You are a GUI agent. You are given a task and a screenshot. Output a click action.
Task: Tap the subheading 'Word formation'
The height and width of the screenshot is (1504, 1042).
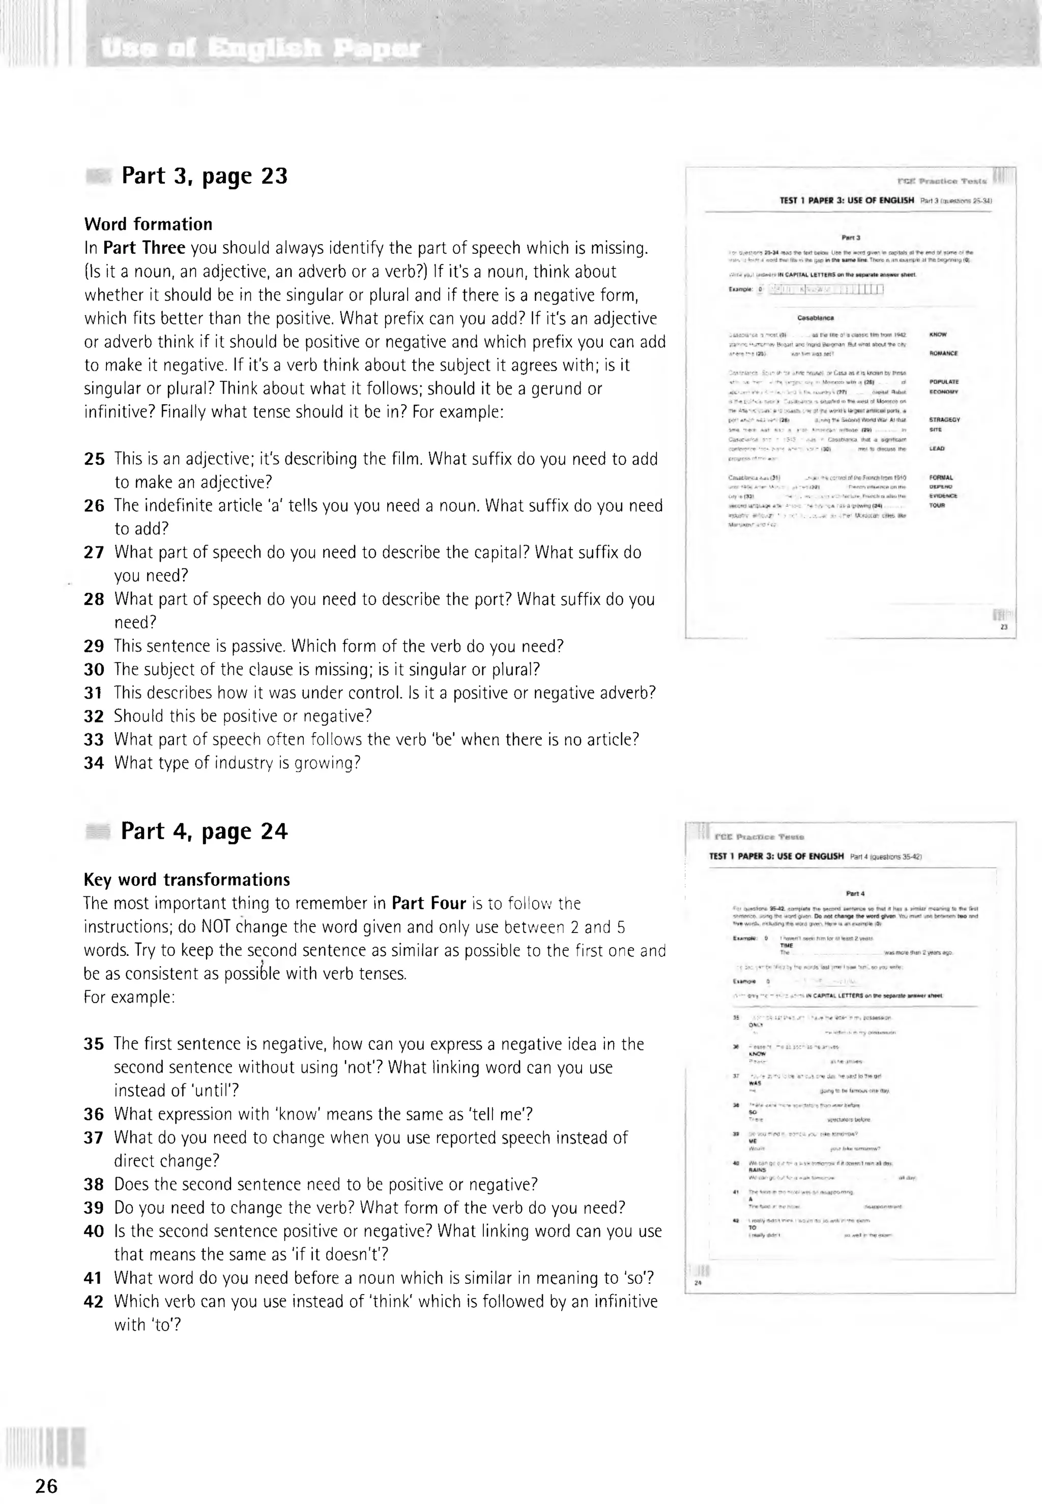click(148, 224)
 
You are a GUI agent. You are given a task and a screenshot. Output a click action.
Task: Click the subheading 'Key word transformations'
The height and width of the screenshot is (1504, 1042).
click(187, 880)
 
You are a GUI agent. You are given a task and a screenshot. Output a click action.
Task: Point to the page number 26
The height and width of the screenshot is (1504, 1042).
click(46, 1486)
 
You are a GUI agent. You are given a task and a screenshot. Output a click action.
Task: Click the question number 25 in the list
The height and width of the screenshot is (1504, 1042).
click(94, 459)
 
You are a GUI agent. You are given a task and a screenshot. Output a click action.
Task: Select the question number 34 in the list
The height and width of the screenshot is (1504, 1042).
click(94, 763)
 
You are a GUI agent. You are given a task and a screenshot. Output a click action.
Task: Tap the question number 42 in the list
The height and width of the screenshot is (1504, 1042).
click(94, 1302)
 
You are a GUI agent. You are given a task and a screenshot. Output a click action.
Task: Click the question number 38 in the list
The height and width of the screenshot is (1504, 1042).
click(94, 1184)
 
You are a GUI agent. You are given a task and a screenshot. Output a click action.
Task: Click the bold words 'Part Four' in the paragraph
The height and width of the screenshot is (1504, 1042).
click(428, 903)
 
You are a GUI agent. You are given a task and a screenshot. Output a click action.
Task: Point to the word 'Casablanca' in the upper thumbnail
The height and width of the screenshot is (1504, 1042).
click(816, 318)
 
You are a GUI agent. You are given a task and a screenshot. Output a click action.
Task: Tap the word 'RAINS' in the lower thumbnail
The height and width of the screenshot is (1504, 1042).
click(758, 1170)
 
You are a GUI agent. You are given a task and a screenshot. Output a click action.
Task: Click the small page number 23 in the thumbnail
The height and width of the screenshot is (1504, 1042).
click(1003, 627)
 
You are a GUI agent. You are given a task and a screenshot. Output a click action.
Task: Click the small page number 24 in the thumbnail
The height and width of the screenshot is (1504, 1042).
click(697, 1283)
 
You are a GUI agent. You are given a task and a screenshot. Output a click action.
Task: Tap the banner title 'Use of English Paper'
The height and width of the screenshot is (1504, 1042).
click(260, 48)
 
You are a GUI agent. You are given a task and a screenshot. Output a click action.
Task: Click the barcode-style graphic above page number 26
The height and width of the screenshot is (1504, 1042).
click(46, 1446)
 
